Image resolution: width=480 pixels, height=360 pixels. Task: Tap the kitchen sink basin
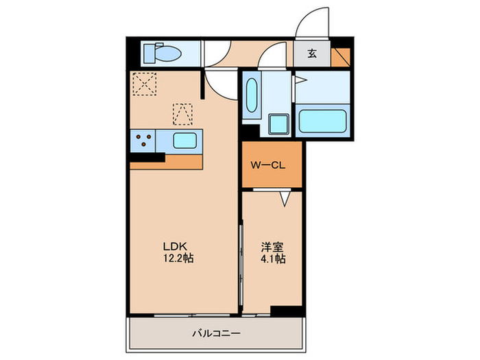(186, 141)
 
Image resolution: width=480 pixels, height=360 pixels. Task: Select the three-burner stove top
(144, 141)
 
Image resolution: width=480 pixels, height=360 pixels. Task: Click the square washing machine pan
(278, 124)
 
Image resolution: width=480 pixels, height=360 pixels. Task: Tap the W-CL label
(267, 165)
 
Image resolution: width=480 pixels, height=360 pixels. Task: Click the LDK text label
(174, 246)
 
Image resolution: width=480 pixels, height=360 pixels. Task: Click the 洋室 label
(272, 246)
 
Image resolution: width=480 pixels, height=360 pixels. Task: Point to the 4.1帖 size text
(272, 259)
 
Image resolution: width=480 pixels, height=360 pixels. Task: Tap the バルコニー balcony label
(216, 334)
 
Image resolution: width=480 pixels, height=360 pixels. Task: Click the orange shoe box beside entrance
(339, 54)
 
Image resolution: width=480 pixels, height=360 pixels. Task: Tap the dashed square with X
(145, 86)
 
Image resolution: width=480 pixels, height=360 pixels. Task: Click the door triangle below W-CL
(286, 198)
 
